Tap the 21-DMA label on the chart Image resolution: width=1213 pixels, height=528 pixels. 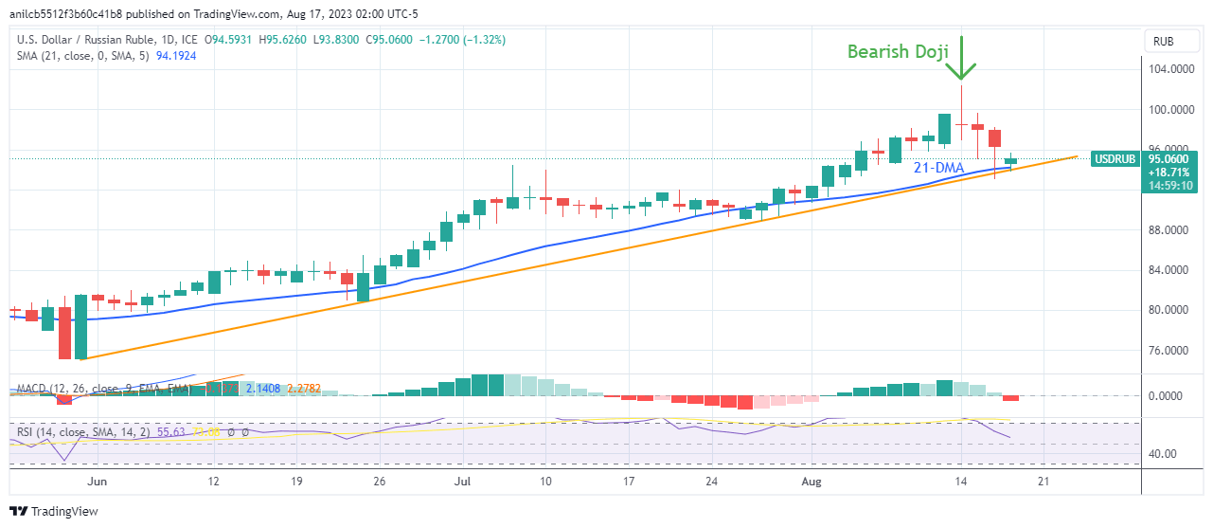pyautogui.click(x=939, y=168)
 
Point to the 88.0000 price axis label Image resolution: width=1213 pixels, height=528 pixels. pyautogui.click(x=1168, y=229)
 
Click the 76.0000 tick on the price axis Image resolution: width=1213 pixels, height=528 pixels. pyautogui.click(x=1168, y=350)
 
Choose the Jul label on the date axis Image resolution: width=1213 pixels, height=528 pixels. pyautogui.click(x=463, y=482)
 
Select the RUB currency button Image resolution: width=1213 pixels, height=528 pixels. pyautogui.click(x=1164, y=42)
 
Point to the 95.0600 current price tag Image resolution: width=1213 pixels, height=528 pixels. pyautogui.click(x=1169, y=159)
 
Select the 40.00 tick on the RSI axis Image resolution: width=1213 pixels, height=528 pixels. pyautogui.click(x=1164, y=453)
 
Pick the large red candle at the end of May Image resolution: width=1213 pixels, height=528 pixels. pyautogui.click(x=64, y=332)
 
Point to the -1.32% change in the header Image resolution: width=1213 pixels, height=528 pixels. pyautogui.click(x=486, y=40)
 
